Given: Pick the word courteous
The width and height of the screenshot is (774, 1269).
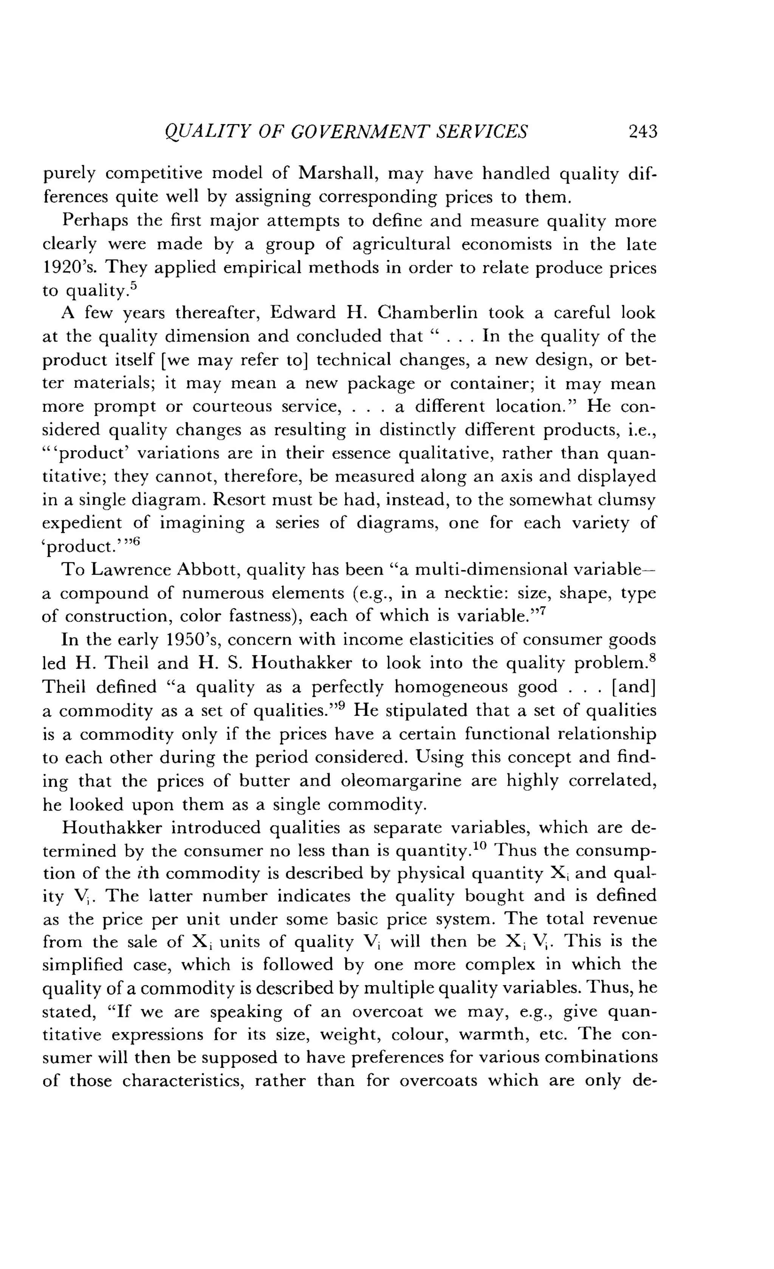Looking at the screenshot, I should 233,407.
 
